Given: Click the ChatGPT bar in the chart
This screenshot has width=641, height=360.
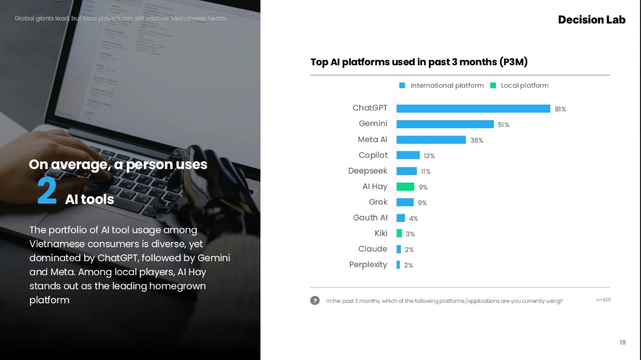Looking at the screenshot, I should [x=473, y=108].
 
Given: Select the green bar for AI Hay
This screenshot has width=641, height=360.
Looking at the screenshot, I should [x=405, y=186].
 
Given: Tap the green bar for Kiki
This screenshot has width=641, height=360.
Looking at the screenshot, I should [x=399, y=233].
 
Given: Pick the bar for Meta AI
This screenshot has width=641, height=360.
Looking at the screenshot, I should [x=431, y=140].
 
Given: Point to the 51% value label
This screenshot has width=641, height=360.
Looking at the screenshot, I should [x=503, y=125].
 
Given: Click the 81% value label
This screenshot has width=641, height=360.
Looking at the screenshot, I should [x=560, y=109].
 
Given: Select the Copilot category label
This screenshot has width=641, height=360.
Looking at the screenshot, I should [x=373, y=155].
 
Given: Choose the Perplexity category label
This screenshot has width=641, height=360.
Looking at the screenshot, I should [x=368, y=264].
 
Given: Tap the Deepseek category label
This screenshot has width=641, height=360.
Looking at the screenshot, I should [x=368, y=171].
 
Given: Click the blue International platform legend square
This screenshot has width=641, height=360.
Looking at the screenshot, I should [x=402, y=85].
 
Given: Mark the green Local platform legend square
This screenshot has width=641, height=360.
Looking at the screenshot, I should [x=493, y=85].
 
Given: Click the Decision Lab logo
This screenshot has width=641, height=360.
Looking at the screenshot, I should [x=591, y=20].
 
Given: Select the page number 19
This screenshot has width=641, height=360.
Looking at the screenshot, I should [x=622, y=342].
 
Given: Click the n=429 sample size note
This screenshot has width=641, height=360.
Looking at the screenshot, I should [x=603, y=300].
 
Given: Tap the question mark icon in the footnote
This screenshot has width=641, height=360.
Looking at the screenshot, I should [x=315, y=300].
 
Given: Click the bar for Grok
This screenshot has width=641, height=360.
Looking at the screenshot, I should [x=405, y=202].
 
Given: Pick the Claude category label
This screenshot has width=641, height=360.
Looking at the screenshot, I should [x=373, y=249].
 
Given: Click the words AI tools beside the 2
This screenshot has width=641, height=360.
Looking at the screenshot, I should [x=90, y=199].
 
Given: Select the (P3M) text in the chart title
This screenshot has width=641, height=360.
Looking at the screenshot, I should [x=513, y=62].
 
